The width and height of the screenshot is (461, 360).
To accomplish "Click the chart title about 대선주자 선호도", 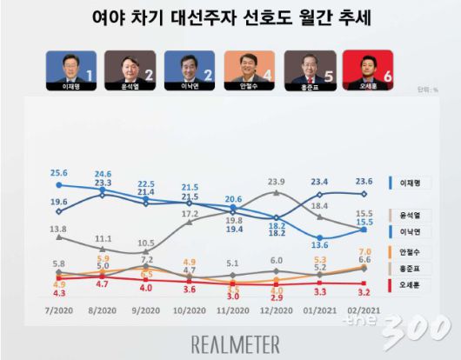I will (x=230, y=19).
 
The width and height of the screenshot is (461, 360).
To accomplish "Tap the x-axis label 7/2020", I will (x=57, y=310).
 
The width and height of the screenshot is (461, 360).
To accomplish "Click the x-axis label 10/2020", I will (x=190, y=310).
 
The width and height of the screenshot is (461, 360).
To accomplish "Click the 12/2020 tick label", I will (x=277, y=310).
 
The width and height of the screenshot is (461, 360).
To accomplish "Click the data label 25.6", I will (x=58, y=172).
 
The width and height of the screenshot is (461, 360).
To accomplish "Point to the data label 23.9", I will (x=277, y=182).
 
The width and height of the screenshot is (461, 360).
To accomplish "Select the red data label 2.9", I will (x=277, y=297).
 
